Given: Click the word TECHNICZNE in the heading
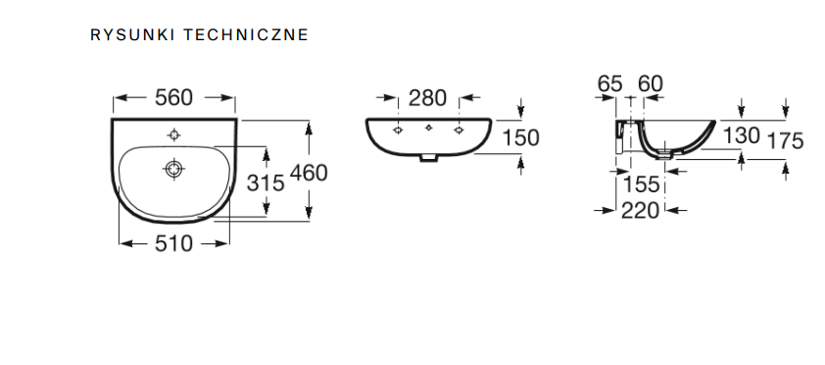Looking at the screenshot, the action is (x=246, y=34).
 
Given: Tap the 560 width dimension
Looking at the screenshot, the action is (x=174, y=97).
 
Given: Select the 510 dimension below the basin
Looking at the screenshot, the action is (x=174, y=244).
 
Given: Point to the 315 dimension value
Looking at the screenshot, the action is (x=266, y=183).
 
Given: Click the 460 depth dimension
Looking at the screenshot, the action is (x=309, y=173).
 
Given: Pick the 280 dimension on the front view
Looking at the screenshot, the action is (x=428, y=98).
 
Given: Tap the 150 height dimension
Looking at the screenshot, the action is (x=521, y=138).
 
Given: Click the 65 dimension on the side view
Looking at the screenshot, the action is (x=610, y=83).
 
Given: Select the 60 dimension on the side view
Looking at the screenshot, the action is (x=651, y=83).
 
